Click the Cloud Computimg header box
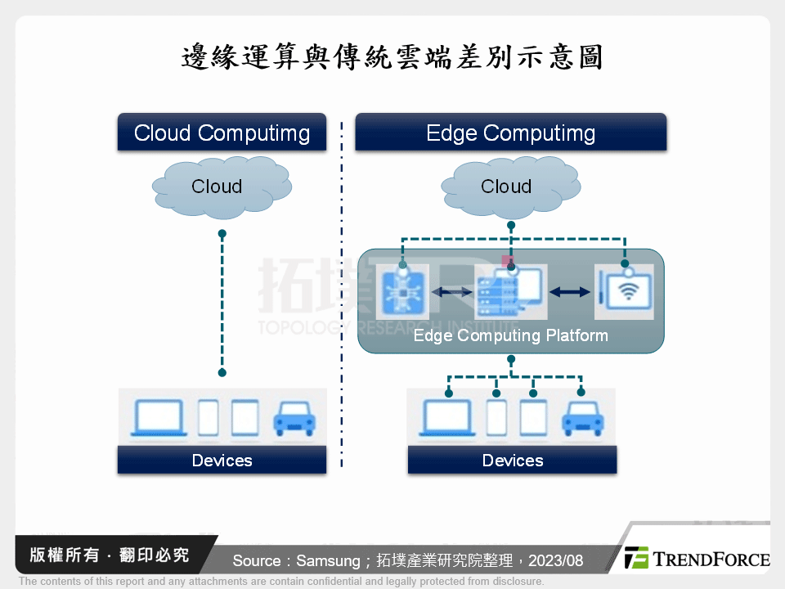222,133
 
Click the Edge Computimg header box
510,133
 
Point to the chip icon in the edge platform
401,292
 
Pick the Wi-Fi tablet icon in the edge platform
624,292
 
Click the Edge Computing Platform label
510,335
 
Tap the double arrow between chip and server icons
452,292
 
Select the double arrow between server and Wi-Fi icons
570,292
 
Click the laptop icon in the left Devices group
160,417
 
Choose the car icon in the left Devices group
294,417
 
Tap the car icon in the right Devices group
582,417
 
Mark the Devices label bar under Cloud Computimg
222,461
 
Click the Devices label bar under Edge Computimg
512,461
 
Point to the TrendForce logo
697,559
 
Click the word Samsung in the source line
327,560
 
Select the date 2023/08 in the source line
556,560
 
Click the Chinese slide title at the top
392,58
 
